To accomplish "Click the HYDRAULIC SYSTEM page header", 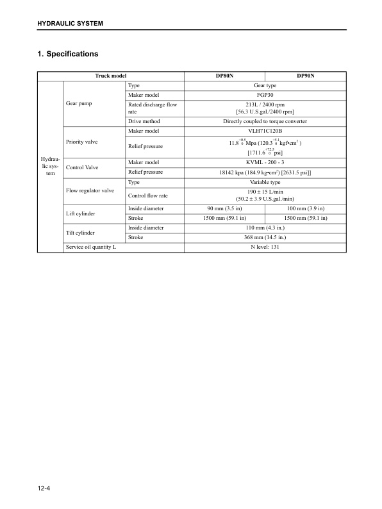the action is point(71,24).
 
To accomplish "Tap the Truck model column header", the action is point(111,76).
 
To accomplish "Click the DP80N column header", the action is point(224,76).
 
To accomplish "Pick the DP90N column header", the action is point(305,76).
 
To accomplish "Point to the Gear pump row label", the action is point(80,103).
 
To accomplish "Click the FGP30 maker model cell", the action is point(265,95).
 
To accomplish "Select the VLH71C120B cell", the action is point(265,131).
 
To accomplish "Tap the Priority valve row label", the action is point(81,141).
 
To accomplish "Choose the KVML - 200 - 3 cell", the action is point(265,163).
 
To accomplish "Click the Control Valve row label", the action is point(82,167).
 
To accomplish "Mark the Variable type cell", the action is point(265,182).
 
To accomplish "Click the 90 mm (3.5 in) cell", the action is point(224,208).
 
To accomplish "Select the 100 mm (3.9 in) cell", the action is point(305,208).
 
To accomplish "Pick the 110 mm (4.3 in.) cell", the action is point(265,228).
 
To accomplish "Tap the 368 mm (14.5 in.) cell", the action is point(265,237).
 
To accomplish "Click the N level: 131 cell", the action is point(265,247).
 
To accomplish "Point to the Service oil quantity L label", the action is point(91,247).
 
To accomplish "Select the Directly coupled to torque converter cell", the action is point(265,121).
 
